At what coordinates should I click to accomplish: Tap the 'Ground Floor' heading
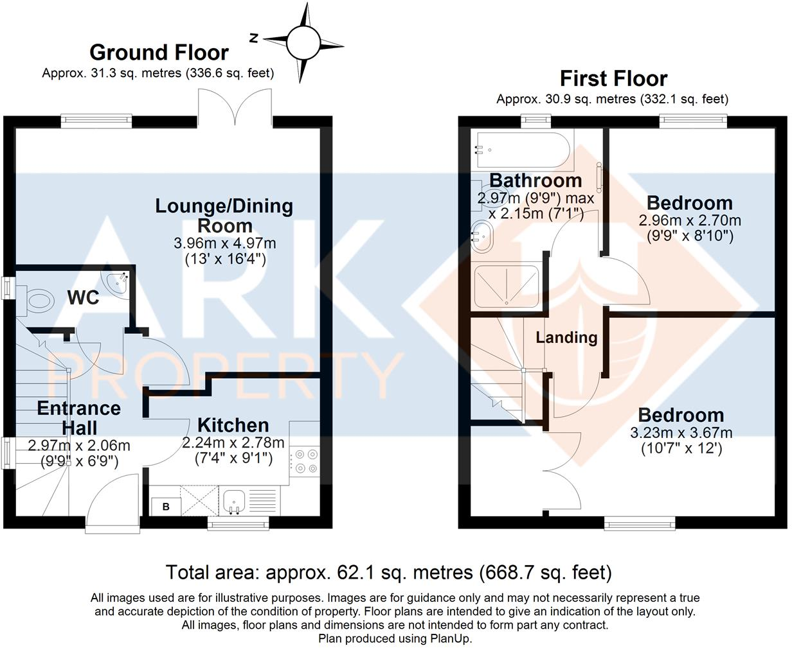tap(159, 52)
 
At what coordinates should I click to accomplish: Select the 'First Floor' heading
tap(613, 78)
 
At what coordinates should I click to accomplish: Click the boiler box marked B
tap(166, 506)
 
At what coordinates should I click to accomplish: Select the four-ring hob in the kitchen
tap(305, 463)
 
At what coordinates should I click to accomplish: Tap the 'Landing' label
tap(566, 337)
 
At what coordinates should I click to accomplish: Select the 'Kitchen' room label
tap(233, 425)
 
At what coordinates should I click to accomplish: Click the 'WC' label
tap(84, 297)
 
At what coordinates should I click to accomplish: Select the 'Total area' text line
tap(388, 572)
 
